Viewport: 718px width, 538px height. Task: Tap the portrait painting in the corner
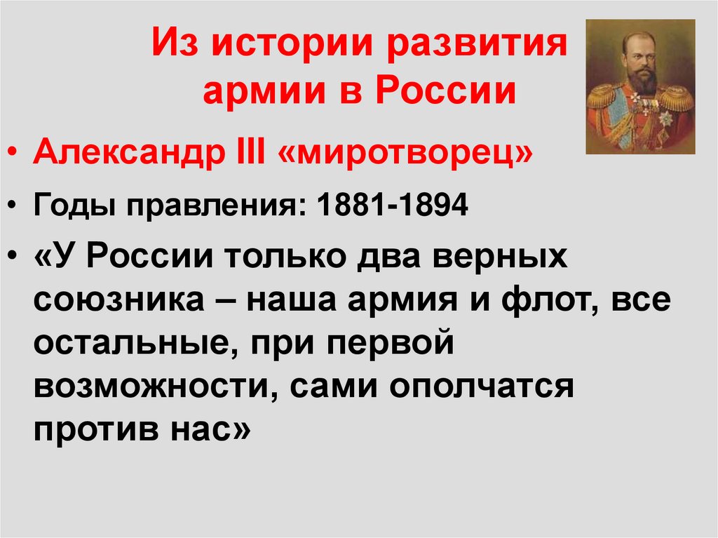coord(639,86)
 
